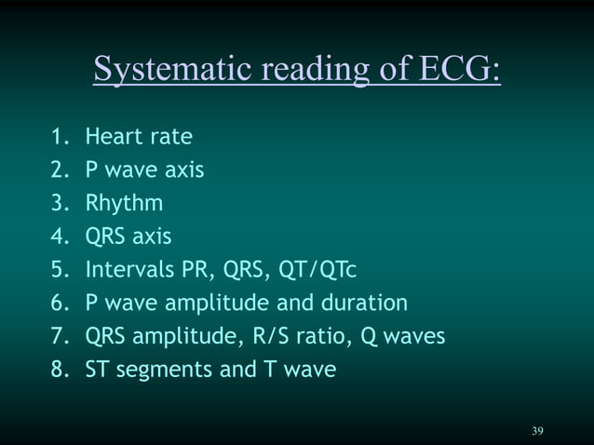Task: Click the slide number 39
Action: point(537,430)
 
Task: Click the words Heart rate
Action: point(139,137)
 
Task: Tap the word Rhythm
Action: point(124,204)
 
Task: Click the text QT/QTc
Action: point(317,270)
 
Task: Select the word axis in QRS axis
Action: point(152,236)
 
